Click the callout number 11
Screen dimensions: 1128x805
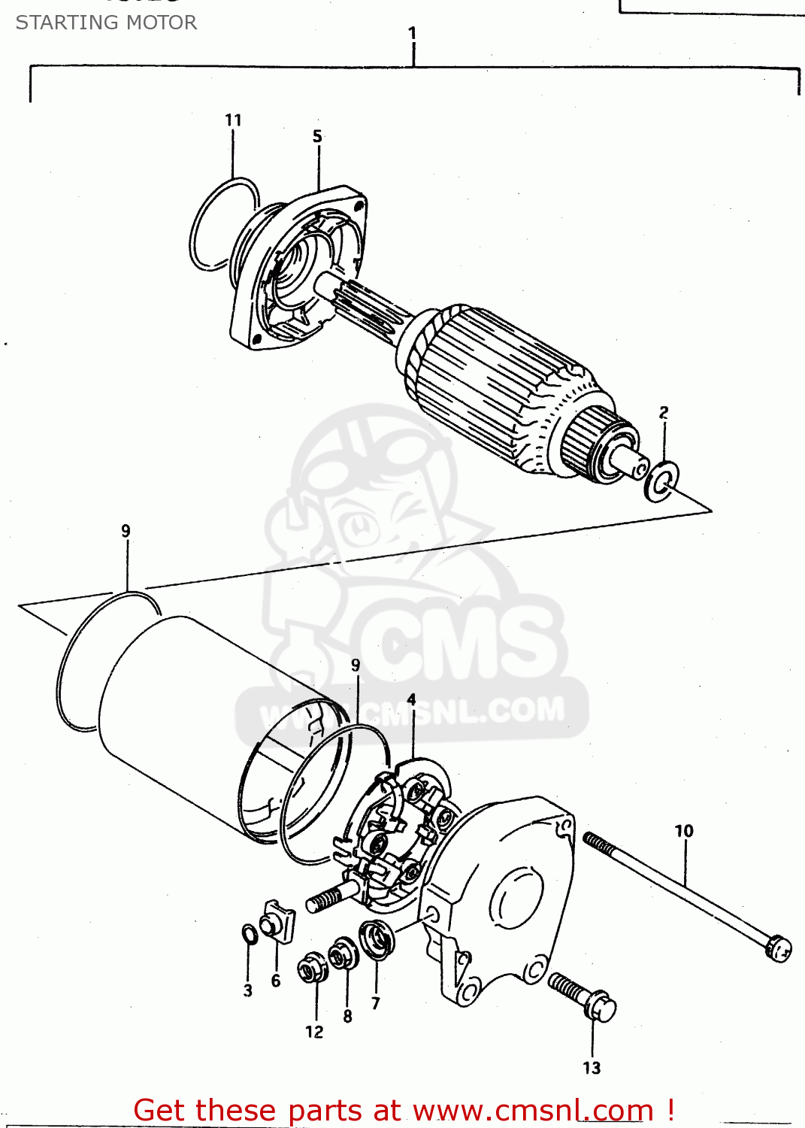click(233, 120)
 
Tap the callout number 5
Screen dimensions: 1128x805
click(317, 136)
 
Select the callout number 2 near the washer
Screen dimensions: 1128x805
click(664, 412)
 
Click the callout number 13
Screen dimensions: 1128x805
click(592, 1068)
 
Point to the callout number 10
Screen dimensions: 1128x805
click(684, 831)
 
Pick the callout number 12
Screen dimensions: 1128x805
click(314, 1032)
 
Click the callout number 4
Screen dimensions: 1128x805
click(411, 699)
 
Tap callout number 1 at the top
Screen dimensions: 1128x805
click(412, 33)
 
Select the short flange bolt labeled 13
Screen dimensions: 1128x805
click(583, 996)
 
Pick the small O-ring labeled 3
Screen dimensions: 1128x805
click(250, 934)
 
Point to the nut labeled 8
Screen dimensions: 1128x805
click(344, 954)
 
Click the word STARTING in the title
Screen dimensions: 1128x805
click(59, 23)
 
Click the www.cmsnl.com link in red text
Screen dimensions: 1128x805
click(533, 1110)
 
